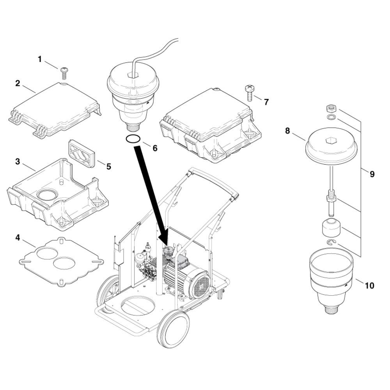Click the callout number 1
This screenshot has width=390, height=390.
39,59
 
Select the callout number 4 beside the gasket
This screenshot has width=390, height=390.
18,238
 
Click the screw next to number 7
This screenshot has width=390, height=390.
249,93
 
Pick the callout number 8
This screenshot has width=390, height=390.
287,131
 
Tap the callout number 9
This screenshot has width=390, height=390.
372,174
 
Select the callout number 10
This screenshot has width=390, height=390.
370,285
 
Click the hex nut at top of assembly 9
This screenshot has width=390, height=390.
331,108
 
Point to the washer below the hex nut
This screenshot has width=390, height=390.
331,117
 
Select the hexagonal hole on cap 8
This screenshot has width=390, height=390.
331,141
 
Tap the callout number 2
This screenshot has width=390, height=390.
18,83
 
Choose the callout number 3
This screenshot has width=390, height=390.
18,162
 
